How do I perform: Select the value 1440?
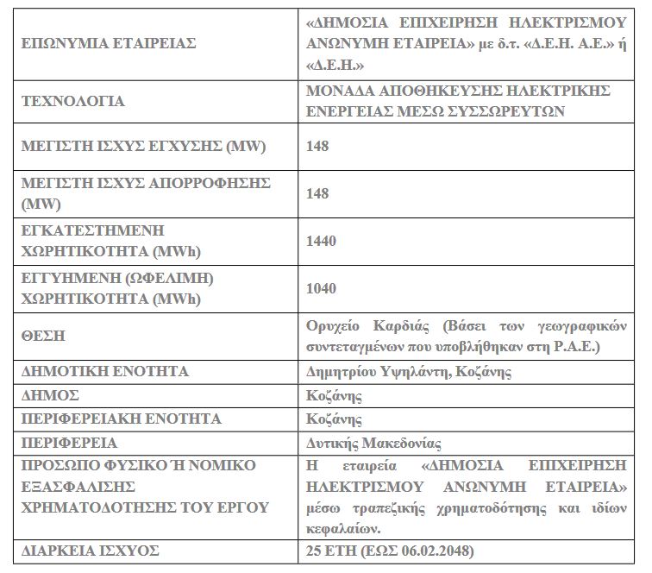[x=321, y=241]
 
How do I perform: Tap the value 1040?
[x=321, y=288]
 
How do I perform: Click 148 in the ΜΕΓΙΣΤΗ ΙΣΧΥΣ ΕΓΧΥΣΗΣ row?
[x=317, y=147]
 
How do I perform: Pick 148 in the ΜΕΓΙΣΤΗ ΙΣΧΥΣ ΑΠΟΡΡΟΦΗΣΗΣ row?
[x=317, y=193]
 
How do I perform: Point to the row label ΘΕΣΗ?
[x=42, y=336]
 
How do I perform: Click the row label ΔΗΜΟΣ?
[x=50, y=395]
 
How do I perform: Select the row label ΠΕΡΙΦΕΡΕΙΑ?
[x=67, y=443]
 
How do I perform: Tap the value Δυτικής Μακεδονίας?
[x=373, y=444]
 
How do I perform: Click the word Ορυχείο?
[x=333, y=326]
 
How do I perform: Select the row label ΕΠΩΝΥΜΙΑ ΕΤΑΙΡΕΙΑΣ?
[x=108, y=42]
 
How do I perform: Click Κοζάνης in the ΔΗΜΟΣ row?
[x=334, y=396]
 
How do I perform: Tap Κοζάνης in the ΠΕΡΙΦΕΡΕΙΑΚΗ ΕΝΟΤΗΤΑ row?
[x=334, y=419]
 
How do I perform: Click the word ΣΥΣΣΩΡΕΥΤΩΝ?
[x=504, y=110]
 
